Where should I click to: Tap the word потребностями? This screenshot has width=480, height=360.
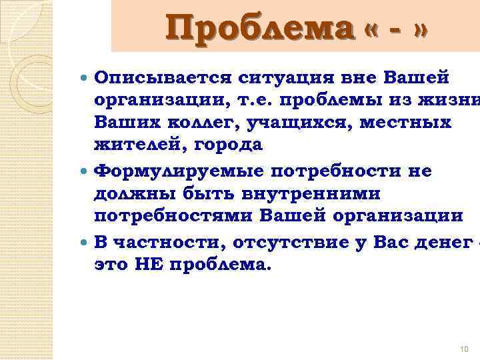(x=174, y=215)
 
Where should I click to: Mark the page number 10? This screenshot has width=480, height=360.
(x=465, y=348)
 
